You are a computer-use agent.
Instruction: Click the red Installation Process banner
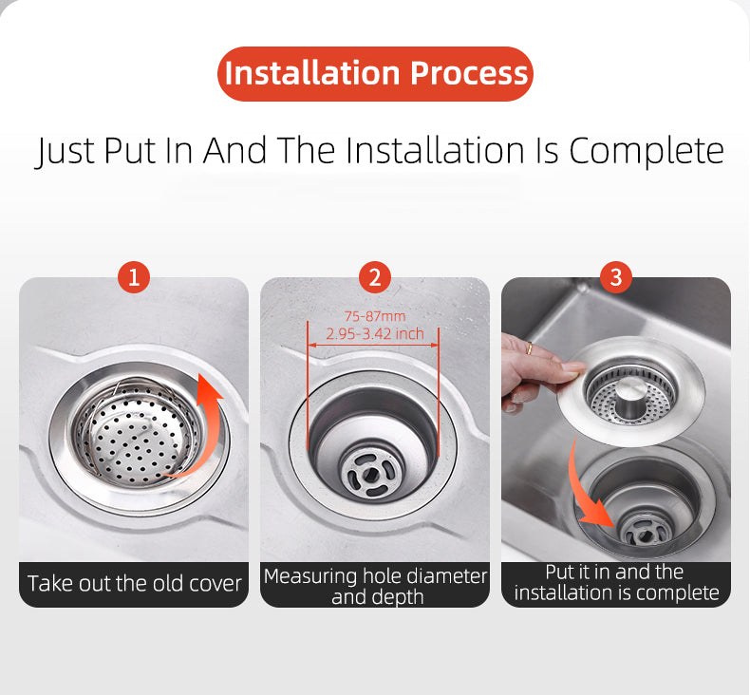click(x=376, y=73)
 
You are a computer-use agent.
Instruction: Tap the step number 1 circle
click(x=134, y=277)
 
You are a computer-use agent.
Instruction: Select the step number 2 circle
click(x=375, y=277)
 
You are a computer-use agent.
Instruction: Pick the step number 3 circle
click(x=616, y=277)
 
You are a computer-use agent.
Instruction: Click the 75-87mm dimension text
click(x=375, y=316)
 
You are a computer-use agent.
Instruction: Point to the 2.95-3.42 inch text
click(x=375, y=334)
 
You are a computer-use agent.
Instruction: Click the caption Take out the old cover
click(x=134, y=583)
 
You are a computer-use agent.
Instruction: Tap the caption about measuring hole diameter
click(x=375, y=586)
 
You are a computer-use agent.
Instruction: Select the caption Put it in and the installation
click(x=616, y=582)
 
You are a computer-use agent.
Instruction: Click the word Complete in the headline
click(x=646, y=150)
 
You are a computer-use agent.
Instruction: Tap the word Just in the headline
click(x=66, y=151)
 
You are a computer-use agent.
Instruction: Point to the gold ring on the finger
click(x=527, y=350)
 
